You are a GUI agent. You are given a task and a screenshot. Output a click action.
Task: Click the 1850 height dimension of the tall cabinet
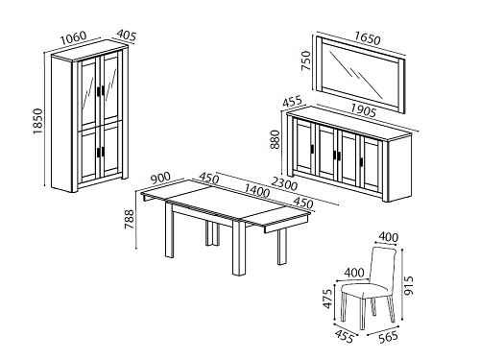[x=38, y=121]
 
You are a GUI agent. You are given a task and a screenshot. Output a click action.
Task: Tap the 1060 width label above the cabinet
[x=74, y=37]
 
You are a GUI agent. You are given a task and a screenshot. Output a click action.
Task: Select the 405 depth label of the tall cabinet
[x=126, y=36]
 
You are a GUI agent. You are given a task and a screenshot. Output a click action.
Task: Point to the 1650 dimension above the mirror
[x=367, y=38]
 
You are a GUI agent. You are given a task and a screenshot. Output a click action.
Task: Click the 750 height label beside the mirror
[x=306, y=60]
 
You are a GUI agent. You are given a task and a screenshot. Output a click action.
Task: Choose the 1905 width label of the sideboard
[x=362, y=110]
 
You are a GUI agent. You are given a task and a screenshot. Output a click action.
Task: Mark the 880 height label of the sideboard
[x=275, y=139]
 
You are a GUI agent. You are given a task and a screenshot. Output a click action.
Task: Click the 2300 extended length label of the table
[x=284, y=184]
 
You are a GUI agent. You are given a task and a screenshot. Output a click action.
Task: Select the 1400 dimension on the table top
[x=256, y=191]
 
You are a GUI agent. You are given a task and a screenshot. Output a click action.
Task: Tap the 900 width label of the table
[x=161, y=179]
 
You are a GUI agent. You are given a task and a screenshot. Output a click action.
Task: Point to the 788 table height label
[x=130, y=219]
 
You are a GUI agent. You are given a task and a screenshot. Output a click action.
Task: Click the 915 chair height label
[x=409, y=285]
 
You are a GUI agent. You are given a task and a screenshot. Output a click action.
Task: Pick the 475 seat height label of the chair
[x=327, y=300]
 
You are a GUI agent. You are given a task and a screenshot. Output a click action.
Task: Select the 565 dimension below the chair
[x=388, y=337]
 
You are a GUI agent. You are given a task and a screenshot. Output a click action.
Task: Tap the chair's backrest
[x=383, y=266]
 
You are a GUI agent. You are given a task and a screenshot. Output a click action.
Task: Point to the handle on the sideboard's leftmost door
[x=312, y=150]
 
